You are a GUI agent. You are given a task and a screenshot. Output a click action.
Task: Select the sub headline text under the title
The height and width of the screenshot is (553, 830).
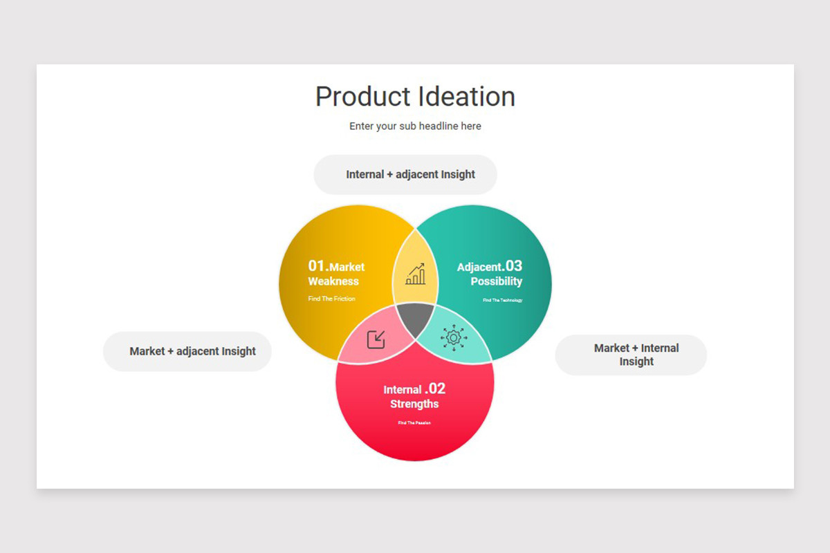pos(415,126)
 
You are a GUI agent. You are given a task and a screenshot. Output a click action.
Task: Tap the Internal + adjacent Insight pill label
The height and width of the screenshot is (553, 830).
pos(410,174)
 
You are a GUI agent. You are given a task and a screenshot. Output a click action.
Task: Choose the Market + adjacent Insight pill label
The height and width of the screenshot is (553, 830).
pos(192,351)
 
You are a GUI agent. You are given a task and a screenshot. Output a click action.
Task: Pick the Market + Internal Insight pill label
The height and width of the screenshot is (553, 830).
pos(636,355)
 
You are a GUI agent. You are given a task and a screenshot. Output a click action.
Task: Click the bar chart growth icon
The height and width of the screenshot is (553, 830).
pos(416,274)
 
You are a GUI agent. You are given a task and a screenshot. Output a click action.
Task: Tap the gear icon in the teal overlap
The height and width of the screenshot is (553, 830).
pos(454,337)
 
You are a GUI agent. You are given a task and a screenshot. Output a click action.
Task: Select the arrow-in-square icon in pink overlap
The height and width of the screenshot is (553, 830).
pos(376,339)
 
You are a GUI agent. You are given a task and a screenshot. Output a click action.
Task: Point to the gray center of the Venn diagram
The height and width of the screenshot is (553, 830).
pos(414,319)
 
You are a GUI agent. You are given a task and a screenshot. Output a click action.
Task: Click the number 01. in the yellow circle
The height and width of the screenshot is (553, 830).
pos(318,266)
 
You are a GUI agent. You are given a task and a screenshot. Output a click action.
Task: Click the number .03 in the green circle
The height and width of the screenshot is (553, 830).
pos(513,266)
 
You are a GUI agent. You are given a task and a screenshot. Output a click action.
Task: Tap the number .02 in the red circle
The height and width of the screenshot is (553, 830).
pos(435,388)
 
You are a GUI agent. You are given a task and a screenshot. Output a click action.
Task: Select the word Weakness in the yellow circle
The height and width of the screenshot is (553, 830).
pos(333,281)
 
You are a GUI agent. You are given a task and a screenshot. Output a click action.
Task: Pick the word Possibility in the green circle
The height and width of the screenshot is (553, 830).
pos(496,281)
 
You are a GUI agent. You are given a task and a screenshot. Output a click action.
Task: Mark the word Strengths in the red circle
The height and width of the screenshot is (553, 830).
pos(414,404)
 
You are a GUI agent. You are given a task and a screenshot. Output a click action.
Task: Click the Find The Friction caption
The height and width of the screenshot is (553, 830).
pos(331,299)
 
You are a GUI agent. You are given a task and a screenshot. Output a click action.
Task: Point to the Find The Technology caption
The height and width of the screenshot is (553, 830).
pos(502,300)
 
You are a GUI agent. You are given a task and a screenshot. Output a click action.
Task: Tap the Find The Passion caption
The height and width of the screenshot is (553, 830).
pos(414,422)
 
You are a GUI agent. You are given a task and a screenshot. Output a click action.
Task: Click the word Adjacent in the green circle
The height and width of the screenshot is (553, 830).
pos(479,267)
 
